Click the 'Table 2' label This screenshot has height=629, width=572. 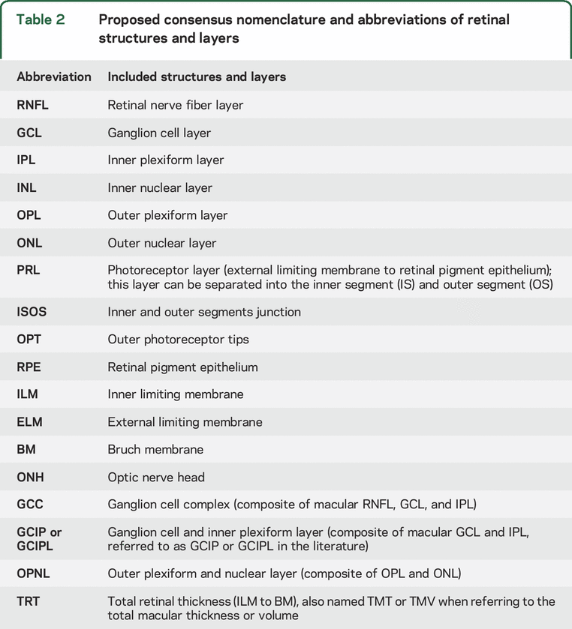[41, 19]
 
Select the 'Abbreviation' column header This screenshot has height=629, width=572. [54, 76]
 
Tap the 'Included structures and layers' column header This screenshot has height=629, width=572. [197, 76]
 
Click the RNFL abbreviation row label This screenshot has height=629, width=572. [32, 105]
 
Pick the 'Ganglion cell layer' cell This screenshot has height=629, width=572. [159, 133]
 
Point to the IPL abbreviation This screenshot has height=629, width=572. [26, 160]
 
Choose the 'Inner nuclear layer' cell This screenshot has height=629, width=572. [160, 187]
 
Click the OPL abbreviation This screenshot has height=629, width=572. [29, 215]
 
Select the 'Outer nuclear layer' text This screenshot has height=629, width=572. [161, 243]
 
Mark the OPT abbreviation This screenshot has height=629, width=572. [29, 340]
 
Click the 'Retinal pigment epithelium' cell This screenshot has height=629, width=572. [182, 367]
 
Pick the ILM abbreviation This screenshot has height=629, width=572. [28, 394]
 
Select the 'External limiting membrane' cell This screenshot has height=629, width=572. [185, 422]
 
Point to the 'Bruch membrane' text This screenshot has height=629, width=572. [155, 449]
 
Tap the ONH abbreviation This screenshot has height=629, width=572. [29, 477]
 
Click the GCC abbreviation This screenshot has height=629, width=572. [29, 505]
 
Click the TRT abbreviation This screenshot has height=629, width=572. [29, 601]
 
